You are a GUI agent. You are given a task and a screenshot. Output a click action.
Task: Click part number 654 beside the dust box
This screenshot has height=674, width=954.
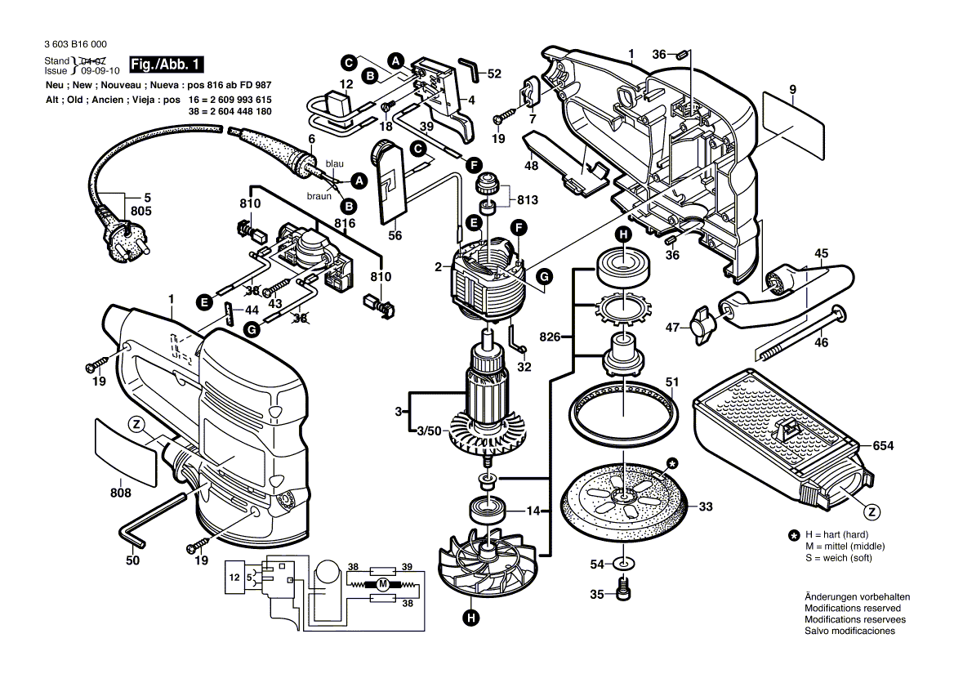tap(883, 446)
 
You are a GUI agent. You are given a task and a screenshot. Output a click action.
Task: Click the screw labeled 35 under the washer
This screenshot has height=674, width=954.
tap(624, 587)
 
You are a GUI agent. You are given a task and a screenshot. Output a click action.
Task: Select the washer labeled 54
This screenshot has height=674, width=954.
tap(624, 564)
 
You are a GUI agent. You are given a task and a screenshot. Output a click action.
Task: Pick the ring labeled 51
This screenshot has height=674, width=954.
tap(624, 408)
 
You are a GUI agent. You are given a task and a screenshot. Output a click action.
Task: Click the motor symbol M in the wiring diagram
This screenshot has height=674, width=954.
tap(381, 584)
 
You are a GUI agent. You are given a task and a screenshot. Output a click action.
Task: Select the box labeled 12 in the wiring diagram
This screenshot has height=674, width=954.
tap(235, 578)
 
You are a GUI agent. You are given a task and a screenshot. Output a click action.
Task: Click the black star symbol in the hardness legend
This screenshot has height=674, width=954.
tap(793, 535)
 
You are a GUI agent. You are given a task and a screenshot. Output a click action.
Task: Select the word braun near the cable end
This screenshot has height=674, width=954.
tap(319, 196)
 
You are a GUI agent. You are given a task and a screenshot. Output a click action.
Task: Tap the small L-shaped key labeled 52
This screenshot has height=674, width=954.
tap(469, 66)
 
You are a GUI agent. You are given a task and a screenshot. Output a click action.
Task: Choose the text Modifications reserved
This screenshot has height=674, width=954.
tap(853, 609)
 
